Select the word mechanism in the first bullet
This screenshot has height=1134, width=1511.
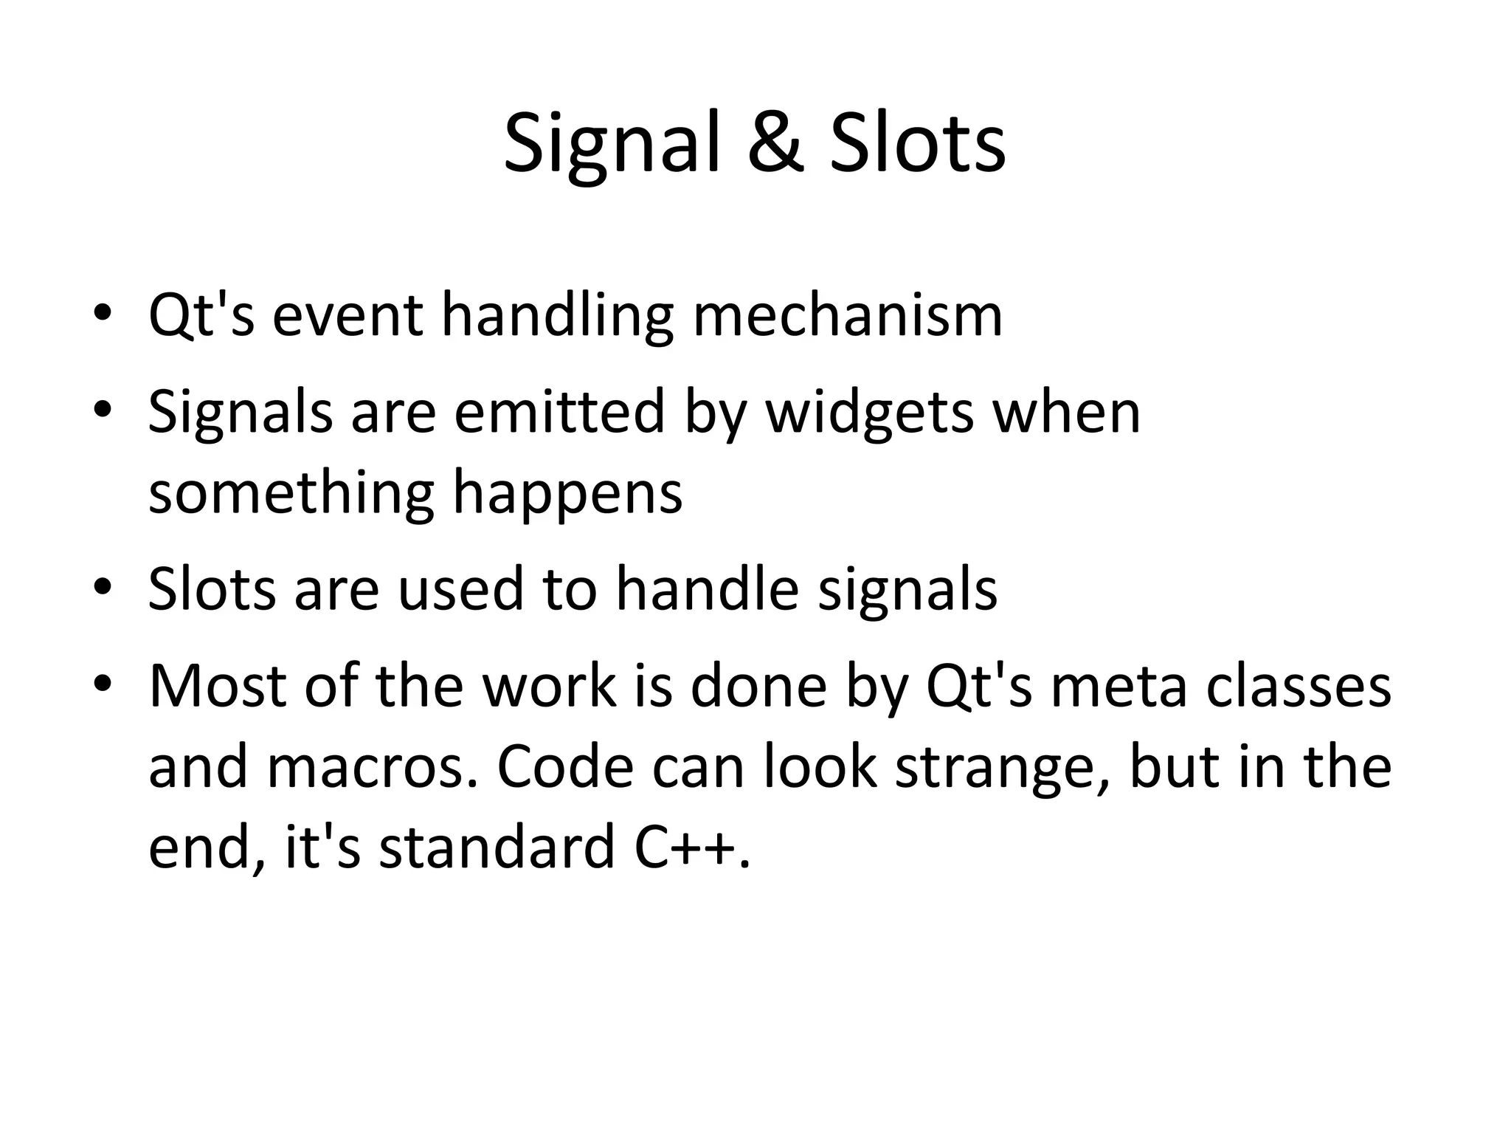[x=848, y=315]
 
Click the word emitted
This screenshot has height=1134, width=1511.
[x=559, y=411]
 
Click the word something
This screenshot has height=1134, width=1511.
[x=291, y=493]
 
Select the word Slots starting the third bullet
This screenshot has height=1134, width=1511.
[x=212, y=588]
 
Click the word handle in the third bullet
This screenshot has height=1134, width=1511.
[x=707, y=588]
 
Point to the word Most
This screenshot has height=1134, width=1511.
[x=217, y=686]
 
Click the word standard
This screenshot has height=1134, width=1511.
[x=497, y=847]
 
